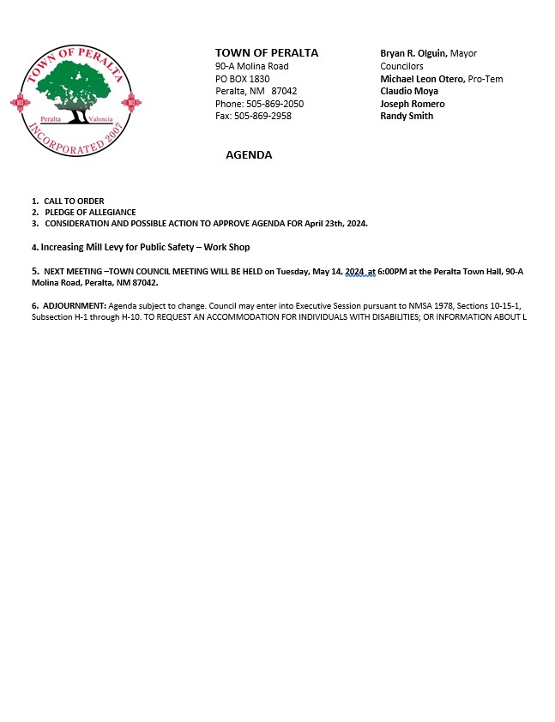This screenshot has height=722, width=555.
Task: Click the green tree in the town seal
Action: tap(74, 93)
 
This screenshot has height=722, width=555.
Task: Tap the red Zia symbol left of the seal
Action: tap(20, 102)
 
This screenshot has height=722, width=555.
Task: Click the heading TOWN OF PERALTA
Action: tap(266, 53)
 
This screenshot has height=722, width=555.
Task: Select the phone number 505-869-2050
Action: tap(268, 104)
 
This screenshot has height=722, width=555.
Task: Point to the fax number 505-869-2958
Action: tap(262, 116)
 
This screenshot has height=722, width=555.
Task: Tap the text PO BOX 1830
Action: tap(242, 79)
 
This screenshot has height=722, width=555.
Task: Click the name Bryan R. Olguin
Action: tap(413, 53)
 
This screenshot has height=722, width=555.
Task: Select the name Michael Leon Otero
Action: tap(422, 79)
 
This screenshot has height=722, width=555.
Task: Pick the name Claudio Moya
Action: tap(409, 91)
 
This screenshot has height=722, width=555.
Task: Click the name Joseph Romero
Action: tap(413, 104)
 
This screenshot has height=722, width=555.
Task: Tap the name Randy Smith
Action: tap(407, 116)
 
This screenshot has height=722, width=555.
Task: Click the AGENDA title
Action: tap(249, 155)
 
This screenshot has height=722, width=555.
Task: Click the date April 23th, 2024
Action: tap(335, 223)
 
